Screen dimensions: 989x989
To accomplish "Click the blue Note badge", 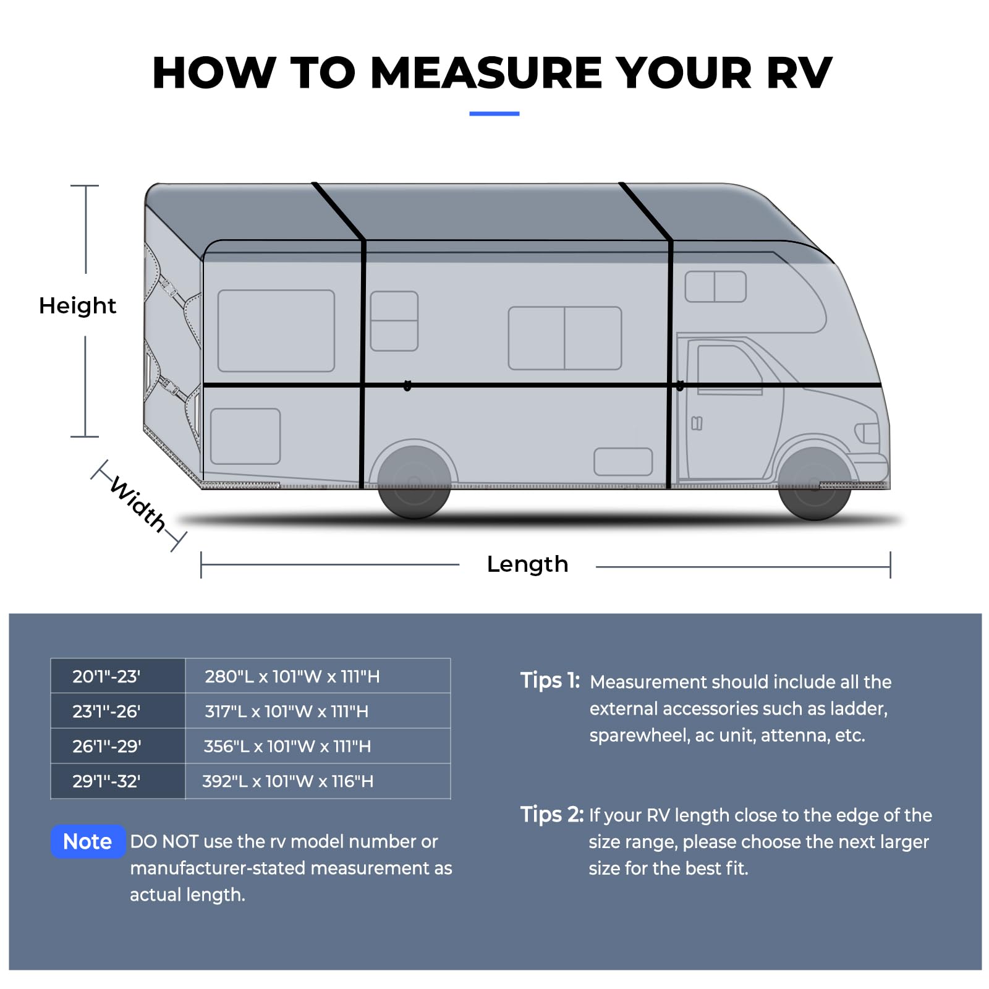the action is click(x=88, y=841).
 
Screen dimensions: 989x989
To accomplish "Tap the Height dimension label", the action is click(x=77, y=305).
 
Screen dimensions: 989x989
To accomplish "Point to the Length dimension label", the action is click(x=527, y=564).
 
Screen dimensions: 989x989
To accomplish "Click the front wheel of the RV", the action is click(x=815, y=484).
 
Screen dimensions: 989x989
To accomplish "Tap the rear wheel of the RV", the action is click(x=414, y=482).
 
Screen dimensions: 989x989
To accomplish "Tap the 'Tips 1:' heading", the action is click(x=550, y=681).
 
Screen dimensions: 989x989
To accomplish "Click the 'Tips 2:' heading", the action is click(x=552, y=815).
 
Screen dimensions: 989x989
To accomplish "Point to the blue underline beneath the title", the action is click(x=494, y=114).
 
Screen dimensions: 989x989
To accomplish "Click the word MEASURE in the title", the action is click(x=486, y=73).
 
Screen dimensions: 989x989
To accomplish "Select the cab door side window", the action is click(x=729, y=369).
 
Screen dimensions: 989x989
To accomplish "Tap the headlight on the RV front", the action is click(x=867, y=433).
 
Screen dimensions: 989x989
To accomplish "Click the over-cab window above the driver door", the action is click(x=716, y=286).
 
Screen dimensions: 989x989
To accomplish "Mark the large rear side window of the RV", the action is click(x=276, y=331).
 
